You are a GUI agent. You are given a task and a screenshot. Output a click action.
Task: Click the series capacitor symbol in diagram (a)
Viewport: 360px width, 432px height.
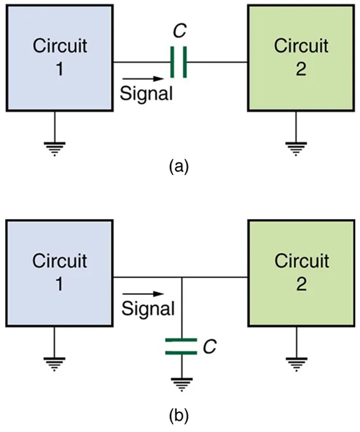click(179, 62)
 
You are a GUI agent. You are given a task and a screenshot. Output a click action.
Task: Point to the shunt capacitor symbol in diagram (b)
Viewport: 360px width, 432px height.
click(181, 346)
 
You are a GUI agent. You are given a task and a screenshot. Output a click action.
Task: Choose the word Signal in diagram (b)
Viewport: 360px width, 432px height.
click(148, 309)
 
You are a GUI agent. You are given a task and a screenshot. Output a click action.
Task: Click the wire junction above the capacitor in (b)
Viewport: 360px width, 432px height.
click(181, 278)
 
